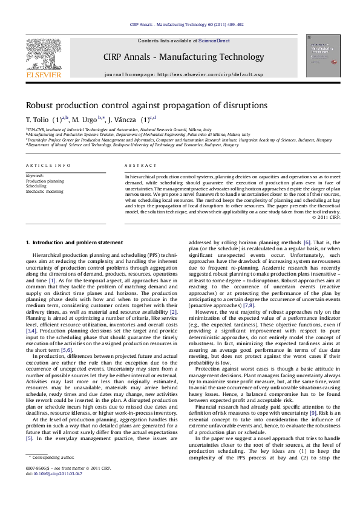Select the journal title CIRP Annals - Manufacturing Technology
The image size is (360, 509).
[180, 57]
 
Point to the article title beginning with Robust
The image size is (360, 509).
[146, 105]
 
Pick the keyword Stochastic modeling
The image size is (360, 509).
[44, 191]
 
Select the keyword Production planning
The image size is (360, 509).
[44, 181]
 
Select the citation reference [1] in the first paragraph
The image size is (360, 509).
[52, 280]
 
